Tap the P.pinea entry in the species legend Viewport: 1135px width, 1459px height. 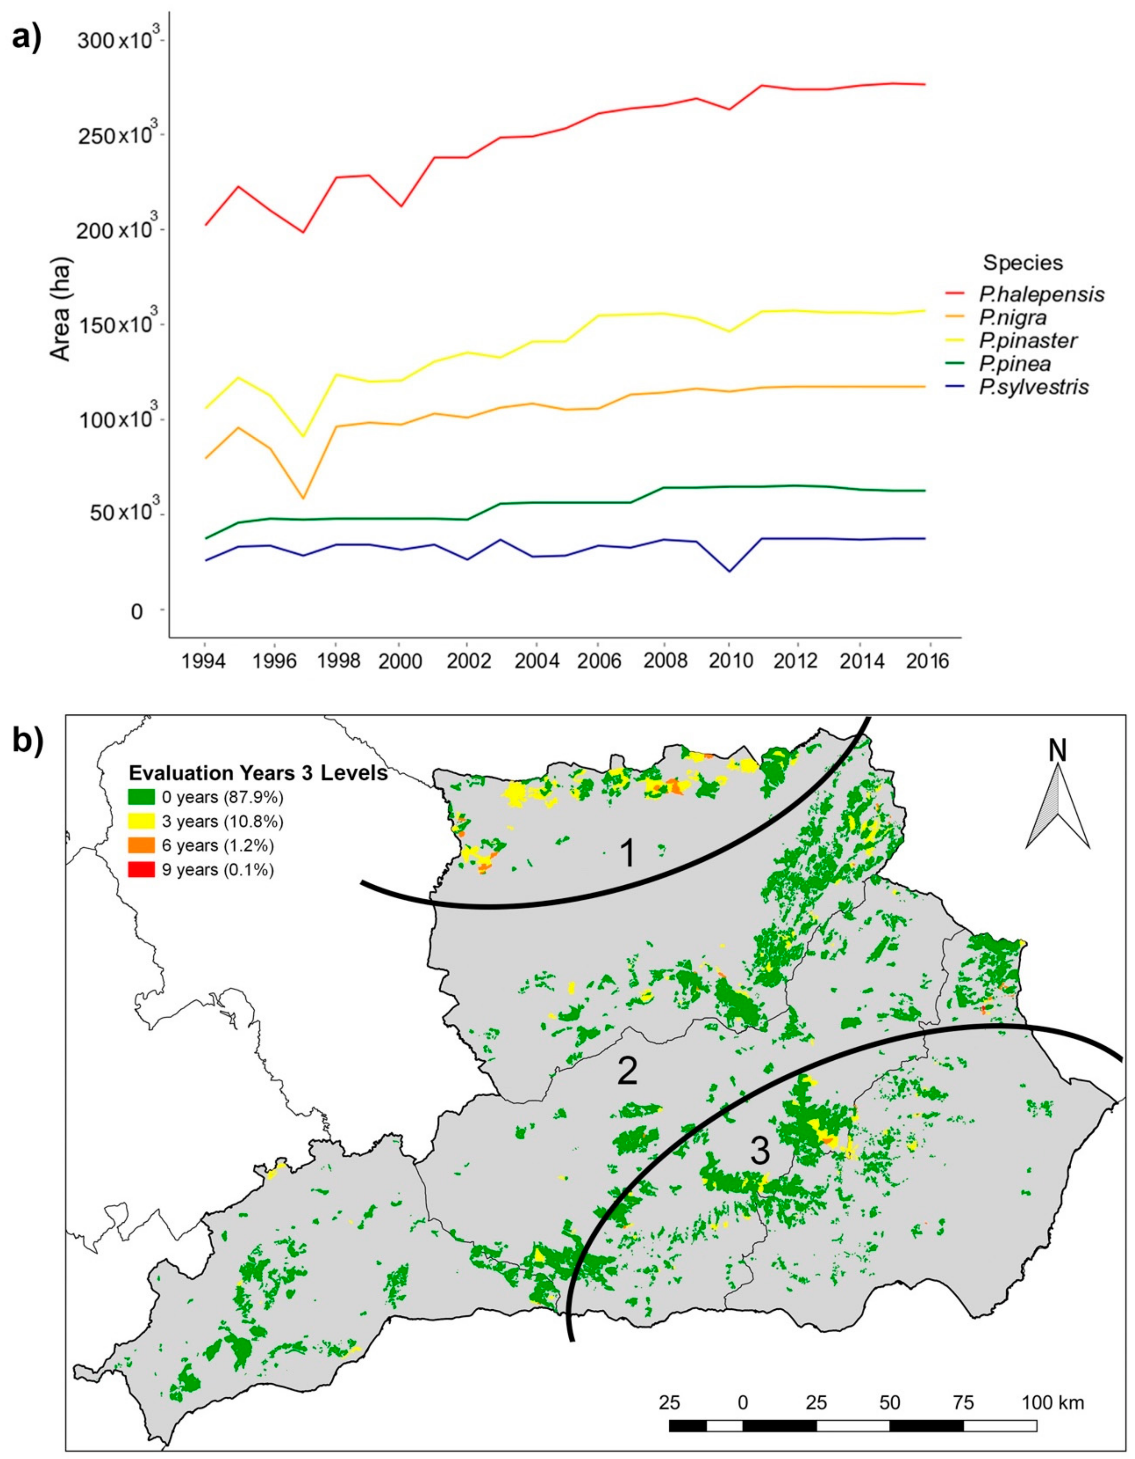point(1015,364)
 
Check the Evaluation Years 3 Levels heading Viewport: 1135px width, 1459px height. point(258,773)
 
